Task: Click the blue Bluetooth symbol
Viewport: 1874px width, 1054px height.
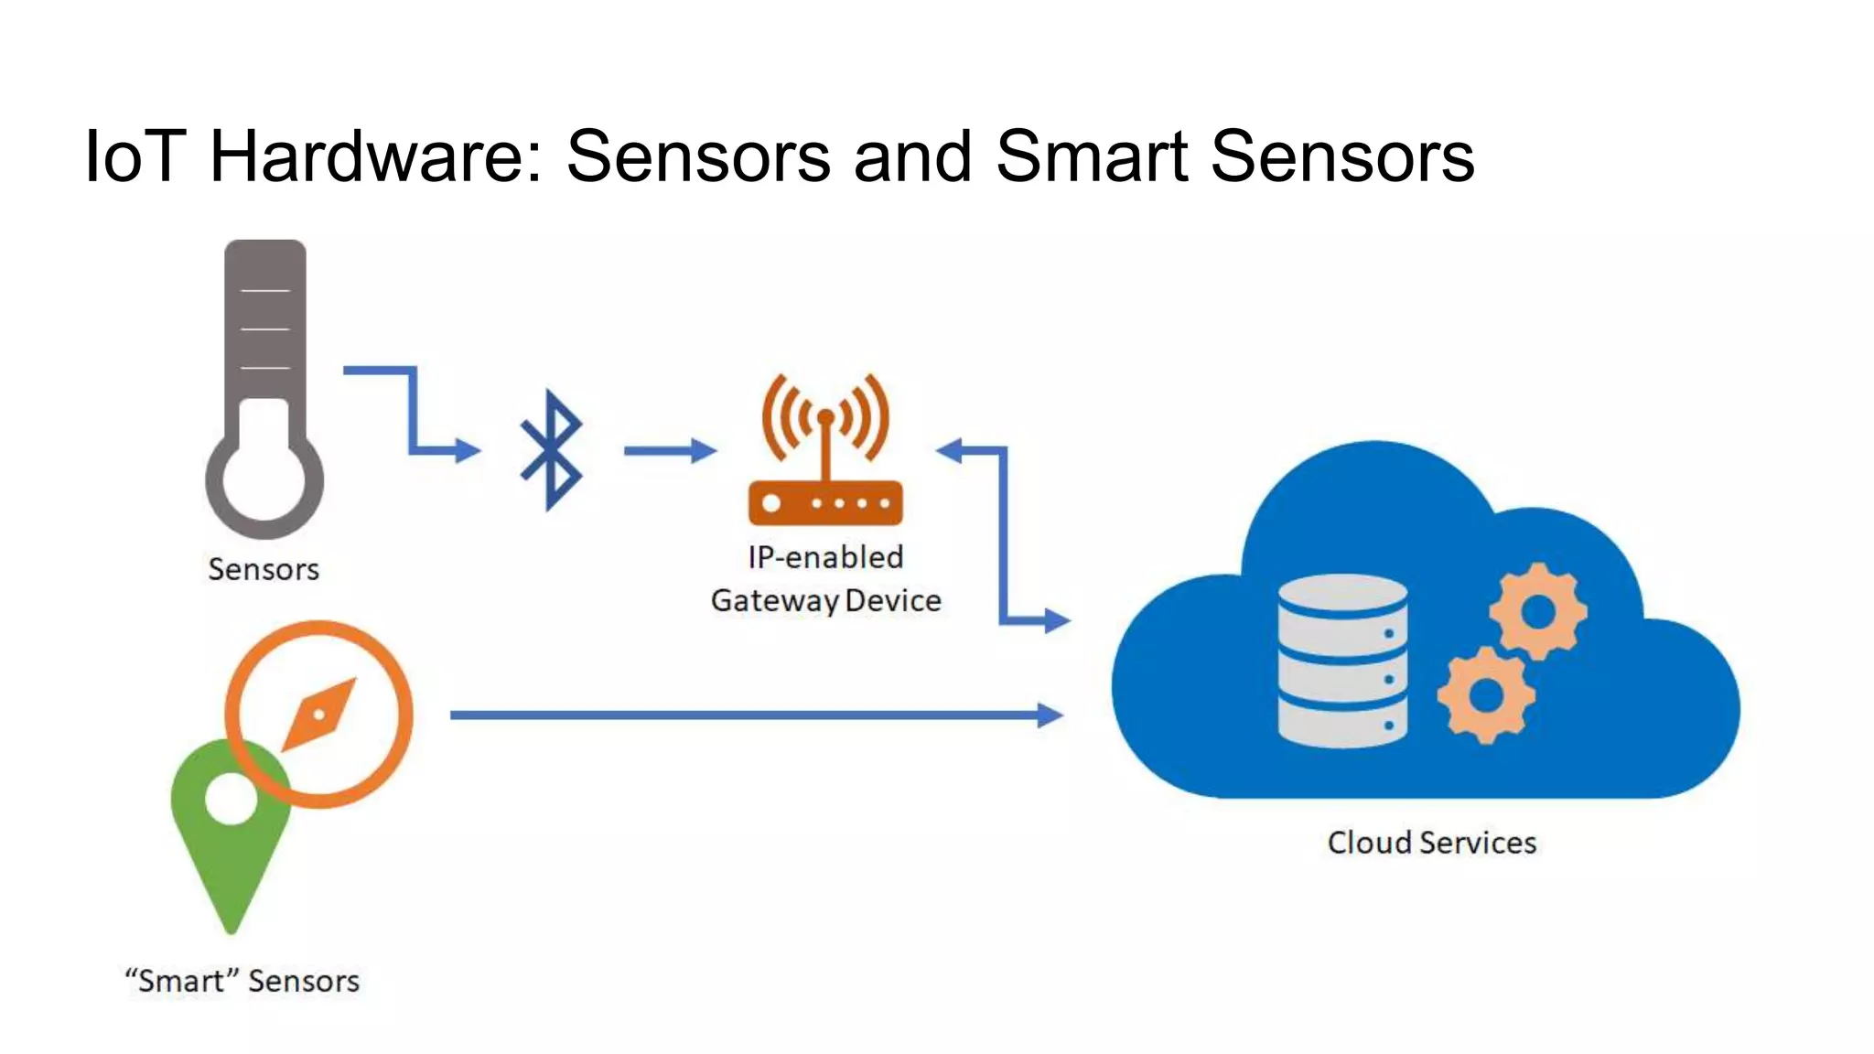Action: [550, 449]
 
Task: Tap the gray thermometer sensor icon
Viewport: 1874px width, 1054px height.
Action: [264, 389]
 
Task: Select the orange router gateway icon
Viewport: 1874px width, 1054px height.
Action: [825, 453]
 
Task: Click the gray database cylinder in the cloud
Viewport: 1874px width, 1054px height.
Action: [1341, 661]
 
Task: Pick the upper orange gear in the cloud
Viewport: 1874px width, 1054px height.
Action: [1537, 611]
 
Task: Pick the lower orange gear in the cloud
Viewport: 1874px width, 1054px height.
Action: [1486, 695]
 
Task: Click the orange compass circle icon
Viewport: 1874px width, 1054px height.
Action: [319, 714]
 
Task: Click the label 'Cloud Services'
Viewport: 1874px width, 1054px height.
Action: [1431, 843]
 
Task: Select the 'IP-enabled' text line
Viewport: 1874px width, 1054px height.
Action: [825, 557]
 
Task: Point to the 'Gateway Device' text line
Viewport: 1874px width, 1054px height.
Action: [825, 601]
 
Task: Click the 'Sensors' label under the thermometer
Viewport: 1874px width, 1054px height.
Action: [264, 569]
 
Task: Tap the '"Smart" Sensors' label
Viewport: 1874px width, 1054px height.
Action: [242, 981]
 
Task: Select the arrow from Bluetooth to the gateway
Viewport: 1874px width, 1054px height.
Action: [669, 450]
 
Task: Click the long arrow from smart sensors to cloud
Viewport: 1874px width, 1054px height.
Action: [755, 715]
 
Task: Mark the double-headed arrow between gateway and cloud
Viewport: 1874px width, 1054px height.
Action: [1004, 535]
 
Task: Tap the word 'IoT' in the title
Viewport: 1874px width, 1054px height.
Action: [135, 156]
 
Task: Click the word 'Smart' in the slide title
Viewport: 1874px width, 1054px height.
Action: [1092, 156]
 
